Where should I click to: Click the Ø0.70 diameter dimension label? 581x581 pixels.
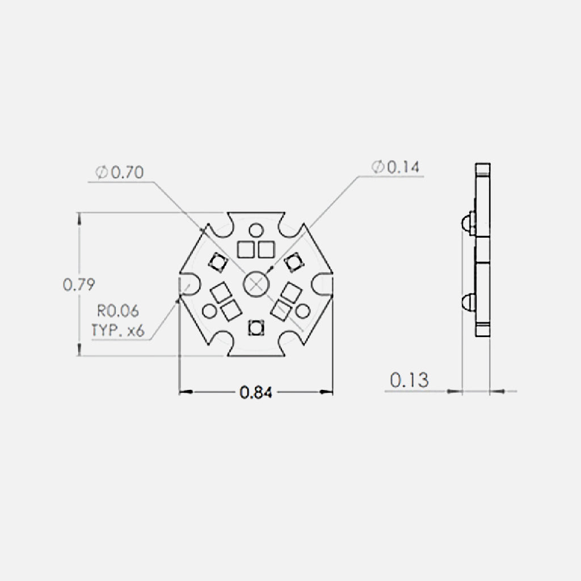[120, 172]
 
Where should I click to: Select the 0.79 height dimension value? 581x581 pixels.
[78, 284]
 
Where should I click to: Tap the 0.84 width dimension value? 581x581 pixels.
[256, 391]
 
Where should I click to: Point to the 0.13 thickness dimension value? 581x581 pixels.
[409, 380]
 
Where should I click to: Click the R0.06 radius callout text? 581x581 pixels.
[117, 311]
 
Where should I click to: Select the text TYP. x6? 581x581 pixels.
[117, 330]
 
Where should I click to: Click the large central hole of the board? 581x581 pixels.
[255, 284]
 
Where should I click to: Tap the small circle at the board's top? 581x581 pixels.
[256, 230]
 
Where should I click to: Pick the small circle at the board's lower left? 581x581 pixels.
[209, 310]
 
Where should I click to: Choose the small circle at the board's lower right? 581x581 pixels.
[302, 310]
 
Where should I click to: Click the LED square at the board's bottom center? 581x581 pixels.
[256, 327]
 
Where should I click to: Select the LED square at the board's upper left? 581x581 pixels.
[217, 262]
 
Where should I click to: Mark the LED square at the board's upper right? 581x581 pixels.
[294, 262]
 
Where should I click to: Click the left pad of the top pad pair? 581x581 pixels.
[246, 249]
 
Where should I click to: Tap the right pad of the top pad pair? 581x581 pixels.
[266, 249]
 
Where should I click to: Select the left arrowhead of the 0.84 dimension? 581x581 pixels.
[184, 391]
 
